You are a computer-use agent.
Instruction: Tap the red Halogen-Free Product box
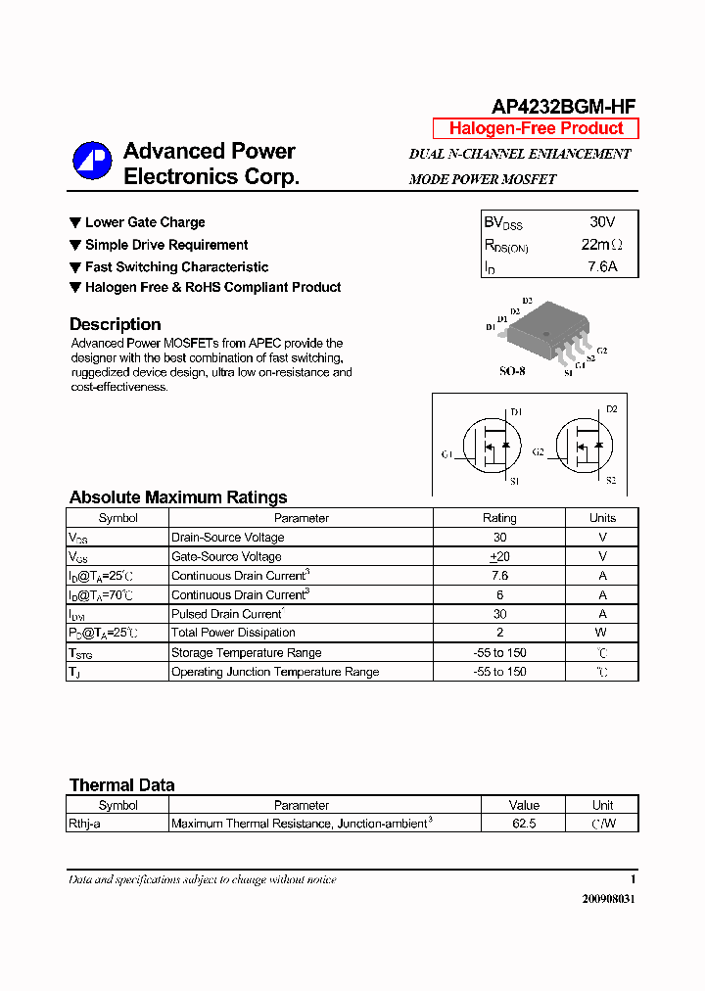tap(536, 128)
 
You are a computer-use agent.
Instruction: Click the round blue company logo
tap(92, 163)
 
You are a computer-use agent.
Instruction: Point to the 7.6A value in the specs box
tap(602, 266)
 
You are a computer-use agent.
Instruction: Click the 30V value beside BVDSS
tap(602, 222)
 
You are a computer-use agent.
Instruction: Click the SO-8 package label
tap(512, 372)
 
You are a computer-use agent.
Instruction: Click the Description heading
tap(115, 324)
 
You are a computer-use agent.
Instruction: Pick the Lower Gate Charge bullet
tap(145, 222)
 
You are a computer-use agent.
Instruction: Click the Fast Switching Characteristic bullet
tap(176, 266)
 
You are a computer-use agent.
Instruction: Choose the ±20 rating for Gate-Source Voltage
tap(499, 556)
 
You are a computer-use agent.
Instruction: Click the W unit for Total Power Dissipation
tap(602, 633)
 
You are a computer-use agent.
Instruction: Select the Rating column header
tap(499, 518)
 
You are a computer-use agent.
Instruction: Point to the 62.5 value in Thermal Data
tap(524, 824)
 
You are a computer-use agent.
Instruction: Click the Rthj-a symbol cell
tap(84, 824)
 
